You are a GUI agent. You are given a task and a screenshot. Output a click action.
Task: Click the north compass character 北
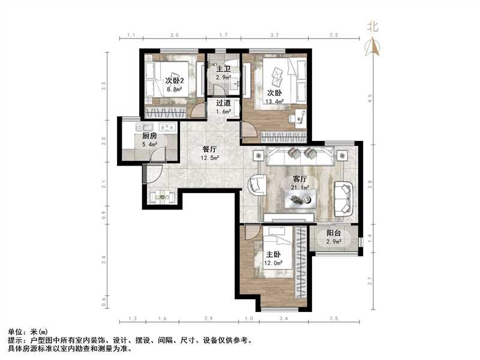373,26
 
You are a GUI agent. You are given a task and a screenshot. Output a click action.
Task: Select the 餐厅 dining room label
209,149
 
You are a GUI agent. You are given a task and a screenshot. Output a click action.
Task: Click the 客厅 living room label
300,179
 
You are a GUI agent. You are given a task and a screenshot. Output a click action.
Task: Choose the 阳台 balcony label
334,233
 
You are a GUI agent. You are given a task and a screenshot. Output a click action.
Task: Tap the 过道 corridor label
224,102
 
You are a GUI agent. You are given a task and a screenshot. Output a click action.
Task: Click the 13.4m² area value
275,101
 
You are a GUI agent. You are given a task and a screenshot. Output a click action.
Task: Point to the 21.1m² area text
300,187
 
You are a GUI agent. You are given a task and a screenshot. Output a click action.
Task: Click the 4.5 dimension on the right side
370,97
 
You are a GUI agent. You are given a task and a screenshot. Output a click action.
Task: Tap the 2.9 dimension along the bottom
209,318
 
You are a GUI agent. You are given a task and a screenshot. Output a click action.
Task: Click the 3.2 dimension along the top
275,36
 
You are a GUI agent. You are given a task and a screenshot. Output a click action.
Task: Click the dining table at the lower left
161,196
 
